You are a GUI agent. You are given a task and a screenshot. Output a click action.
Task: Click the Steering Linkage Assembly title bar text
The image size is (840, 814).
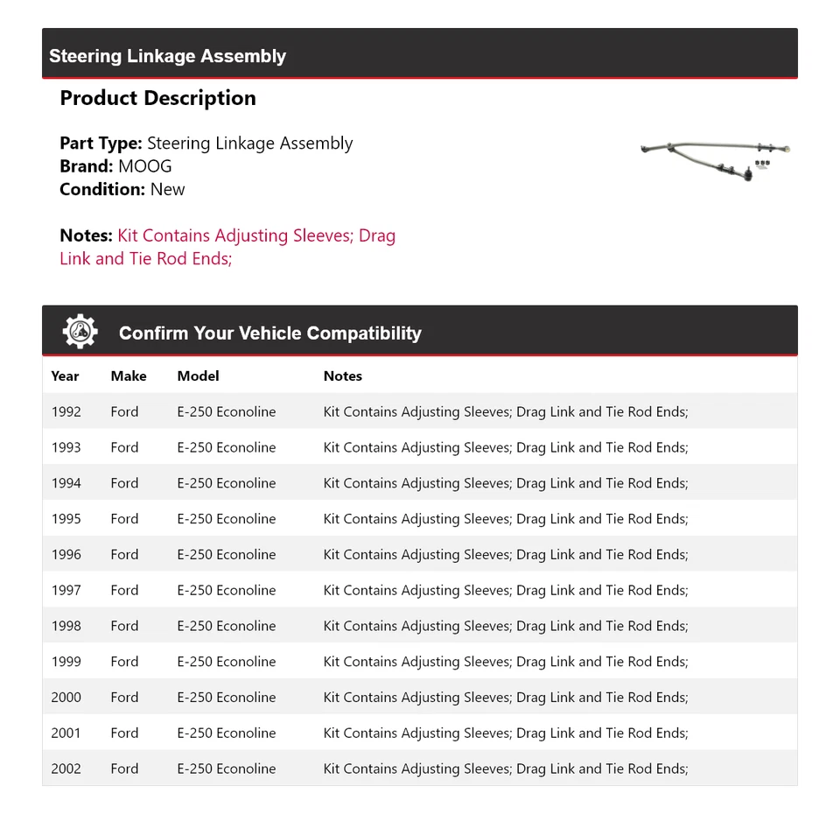point(167,56)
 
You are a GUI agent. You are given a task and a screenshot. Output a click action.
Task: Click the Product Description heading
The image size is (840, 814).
point(157,98)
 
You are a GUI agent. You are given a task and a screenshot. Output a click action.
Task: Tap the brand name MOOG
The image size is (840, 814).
point(145,166)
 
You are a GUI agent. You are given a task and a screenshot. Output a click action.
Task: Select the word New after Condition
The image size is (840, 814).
point(167,189)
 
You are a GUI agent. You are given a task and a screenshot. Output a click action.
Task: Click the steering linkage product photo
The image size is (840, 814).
point(715,161)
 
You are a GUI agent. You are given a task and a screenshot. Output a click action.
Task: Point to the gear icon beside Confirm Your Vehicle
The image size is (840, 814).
point(80,333)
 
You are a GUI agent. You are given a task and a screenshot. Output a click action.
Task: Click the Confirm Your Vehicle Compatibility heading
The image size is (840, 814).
point(269,333)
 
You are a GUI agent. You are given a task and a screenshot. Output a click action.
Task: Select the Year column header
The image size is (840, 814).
point(65,375)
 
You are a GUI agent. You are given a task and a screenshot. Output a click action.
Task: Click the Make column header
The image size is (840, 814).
point(129,375)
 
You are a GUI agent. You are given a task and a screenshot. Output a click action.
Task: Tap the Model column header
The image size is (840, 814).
point(198,375)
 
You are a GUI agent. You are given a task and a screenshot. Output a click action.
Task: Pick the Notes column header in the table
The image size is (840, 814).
point(342,375)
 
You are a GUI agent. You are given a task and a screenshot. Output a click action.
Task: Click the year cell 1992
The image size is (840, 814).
point(66,411)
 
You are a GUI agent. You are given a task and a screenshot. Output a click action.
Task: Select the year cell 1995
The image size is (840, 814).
point(66,519)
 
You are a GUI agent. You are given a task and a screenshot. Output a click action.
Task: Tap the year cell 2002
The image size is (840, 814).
point(66,768)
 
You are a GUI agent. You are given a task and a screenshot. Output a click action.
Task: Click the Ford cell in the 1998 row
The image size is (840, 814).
point(124,626)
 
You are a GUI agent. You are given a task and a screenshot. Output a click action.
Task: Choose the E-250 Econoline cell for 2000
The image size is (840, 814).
point(226,698)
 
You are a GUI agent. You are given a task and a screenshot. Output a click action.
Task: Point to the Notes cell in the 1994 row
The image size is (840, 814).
point(506,483)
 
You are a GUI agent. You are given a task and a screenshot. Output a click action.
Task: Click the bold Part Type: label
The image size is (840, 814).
point(101,144)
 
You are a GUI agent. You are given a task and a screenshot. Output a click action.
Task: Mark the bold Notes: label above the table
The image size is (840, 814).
point(86,235)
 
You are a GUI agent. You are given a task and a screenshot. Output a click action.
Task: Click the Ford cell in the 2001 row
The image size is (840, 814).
point(124,733)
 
